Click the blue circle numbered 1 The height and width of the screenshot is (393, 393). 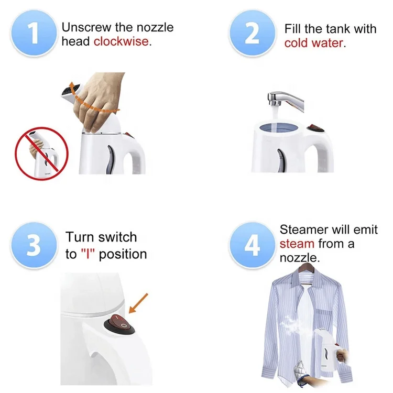[34, 33]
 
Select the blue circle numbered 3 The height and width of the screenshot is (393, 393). [34, 245]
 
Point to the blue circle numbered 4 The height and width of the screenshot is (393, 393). [252, 245]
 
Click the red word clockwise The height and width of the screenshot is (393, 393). [122, 41]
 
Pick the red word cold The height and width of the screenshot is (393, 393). [296, 43]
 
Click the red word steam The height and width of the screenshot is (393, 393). [297, 244]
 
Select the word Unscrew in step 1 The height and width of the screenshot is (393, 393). [86, 27]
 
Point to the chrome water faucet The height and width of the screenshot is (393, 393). [286, 100]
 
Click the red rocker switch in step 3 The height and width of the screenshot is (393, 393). [119, 324]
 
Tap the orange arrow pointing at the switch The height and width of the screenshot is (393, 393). [138, 303]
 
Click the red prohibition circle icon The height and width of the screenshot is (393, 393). [41, 154]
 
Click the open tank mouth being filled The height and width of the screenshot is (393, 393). [279, 127]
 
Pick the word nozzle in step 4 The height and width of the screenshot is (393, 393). [298, 258]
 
